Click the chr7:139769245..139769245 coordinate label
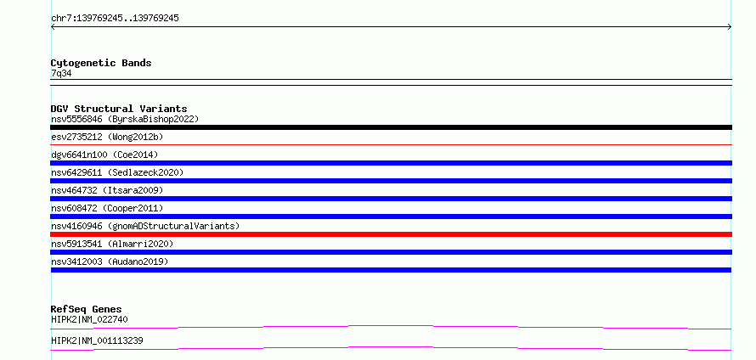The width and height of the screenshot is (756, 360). tap(115, 19)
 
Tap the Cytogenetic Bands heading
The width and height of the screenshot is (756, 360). tap(101, 63)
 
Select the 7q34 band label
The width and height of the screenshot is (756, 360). tap(61, 74)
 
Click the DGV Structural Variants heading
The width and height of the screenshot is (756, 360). tap(119, 109)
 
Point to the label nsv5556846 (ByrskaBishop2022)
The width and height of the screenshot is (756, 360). tap(125, 119)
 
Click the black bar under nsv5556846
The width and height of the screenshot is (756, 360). tap(391, 127)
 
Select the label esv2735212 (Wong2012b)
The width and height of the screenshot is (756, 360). tap(107, 137)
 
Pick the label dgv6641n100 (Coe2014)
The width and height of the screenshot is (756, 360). tap(104, 155)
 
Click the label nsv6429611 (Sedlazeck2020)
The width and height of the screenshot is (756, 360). tap(117, 172)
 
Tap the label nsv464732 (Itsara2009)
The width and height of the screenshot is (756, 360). tap(107, 190)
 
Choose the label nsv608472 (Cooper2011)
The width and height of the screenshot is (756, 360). tap(107, 208)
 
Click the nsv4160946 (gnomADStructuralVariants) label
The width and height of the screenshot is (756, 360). tap(145, 226)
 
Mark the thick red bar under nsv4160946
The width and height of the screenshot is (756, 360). tap(391, 234)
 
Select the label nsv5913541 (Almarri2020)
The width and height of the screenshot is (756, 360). tap(112, 244)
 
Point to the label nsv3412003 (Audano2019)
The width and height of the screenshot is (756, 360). tap(110, 262)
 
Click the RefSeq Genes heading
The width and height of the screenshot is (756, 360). tap(87, 309)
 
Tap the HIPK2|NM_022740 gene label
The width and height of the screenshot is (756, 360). tap(89, 319)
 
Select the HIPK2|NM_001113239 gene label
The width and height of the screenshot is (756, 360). tap(97, 340)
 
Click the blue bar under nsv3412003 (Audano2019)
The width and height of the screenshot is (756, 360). tap(391, 270)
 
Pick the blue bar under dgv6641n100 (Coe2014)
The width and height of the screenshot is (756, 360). tap(391, 163)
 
